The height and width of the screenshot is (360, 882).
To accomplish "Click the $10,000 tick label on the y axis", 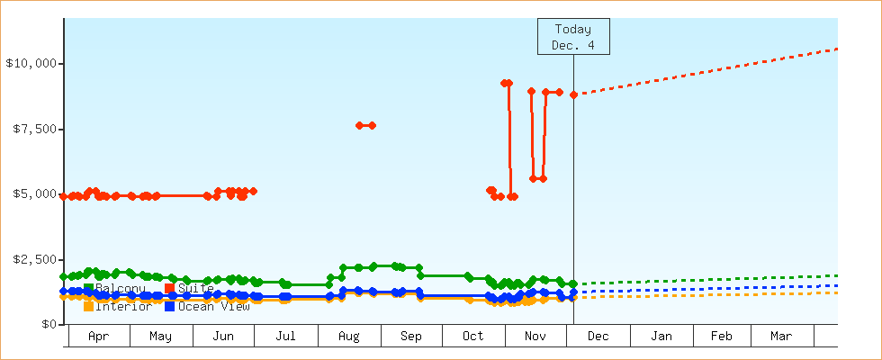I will pyautogui.click(x=32, y=64).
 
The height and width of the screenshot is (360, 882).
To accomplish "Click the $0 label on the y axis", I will pyautogui.click(x=49, y=324).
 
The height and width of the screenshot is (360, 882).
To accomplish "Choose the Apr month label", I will pyautogui.click(x=99, y=337).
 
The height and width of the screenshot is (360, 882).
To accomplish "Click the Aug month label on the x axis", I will pyautogui.click(x=349, y=337).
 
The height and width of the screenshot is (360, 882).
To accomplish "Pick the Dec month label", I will pyautogui.click(x=598, y=337).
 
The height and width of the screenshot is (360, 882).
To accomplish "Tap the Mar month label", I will pyautogui.click(x=781, y=337).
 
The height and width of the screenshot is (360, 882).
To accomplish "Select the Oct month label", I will pyautogui.click(x=472, y=337).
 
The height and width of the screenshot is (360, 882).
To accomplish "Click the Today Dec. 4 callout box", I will pyautogui.click(x=573, y=36).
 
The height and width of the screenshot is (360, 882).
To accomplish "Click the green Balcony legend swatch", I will pyautogui.click(x=89, y=288).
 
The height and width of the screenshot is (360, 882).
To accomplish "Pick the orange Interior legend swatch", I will pyautogui.click(x=89, y=306).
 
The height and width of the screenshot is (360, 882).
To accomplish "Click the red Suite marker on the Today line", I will pyautogui.click(x=573, y=94).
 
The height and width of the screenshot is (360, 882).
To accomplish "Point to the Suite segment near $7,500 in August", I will pyautogui.click(x=365, y=125).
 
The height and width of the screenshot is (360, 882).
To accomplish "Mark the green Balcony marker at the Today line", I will pyautogui.click(x=573, y=283).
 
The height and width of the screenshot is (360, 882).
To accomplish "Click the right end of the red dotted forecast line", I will pyautogui.click(x=837, y=49).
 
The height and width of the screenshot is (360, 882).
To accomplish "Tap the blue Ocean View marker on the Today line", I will pyautogui.click(x=573, y=292).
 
